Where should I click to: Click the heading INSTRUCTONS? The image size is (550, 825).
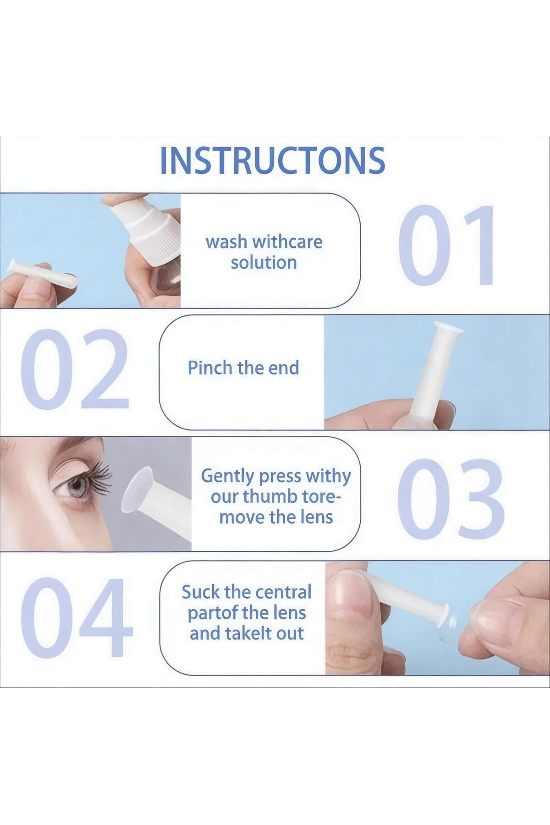(273, 160)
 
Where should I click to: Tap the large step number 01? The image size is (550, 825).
(447, 246)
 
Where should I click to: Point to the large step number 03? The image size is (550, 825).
(449, 500)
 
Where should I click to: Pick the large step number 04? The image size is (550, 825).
(77, 617)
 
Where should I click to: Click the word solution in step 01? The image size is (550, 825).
(264, 263)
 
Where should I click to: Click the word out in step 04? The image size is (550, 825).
(291, 633)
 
